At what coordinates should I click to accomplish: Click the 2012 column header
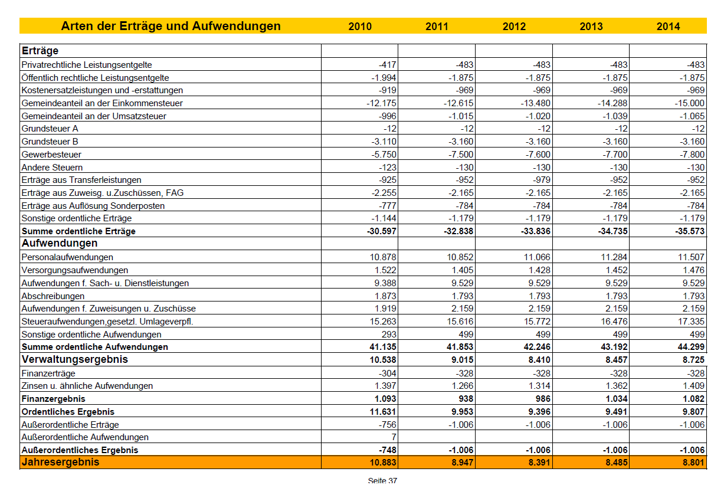[514, 26]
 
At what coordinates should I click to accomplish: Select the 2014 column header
[668, 26]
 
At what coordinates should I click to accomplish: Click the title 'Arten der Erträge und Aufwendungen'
[171, 26]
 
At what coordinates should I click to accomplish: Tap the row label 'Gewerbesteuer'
[51, 154]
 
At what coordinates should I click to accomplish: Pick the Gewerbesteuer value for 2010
[384, 154]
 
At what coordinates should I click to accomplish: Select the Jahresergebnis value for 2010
[383, 463]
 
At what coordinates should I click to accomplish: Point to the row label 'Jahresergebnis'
[60, 462]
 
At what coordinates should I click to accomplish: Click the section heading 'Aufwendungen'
[60, 243]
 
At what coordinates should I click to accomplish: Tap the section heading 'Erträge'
[40, 51]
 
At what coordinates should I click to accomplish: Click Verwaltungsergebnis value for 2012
[539, 359]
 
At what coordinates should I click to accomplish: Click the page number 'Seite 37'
[382, 480]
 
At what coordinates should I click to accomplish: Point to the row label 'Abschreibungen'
[53, 296]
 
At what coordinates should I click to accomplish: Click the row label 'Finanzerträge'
[48, 373]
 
